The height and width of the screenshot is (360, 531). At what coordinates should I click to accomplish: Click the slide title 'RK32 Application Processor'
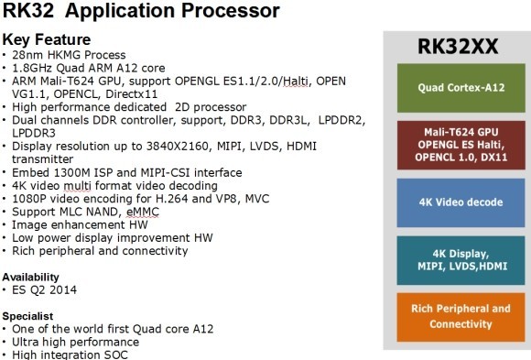(x=141, y=12)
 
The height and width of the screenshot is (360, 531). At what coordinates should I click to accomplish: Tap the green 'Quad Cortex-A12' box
(x=455, y=88)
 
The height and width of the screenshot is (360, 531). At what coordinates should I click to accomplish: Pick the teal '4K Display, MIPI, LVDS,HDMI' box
(x=455, y=259)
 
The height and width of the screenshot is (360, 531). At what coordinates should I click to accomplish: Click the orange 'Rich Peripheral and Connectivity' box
(x=455, y=316)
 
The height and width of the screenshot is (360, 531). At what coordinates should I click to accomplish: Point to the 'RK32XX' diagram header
(x=455, y=46)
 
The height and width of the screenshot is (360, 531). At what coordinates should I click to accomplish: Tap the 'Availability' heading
(x=33, y=276)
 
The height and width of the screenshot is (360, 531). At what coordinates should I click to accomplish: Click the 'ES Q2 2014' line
(x=46, y=289)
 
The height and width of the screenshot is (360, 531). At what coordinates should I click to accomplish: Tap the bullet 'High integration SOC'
(x=73, y=354)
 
